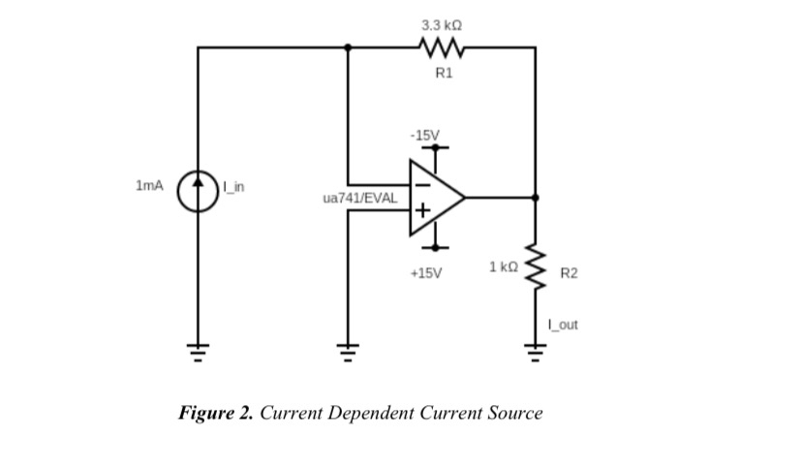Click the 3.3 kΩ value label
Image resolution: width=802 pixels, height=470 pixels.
click(442, 22)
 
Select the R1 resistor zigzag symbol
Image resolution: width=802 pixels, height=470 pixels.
click(442, 47)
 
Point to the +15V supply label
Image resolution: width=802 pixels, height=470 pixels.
click(425, 273)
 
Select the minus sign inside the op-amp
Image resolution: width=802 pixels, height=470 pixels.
click(422, 184)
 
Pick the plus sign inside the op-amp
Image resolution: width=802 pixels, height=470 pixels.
click(422, 209)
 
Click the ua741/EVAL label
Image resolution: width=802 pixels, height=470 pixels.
click(359, 198)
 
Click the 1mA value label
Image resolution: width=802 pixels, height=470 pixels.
click(150, 184)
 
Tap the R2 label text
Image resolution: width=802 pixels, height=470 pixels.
click(569, 274)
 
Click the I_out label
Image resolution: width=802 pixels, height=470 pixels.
click(563, 325)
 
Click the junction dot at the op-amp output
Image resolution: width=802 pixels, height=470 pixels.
click(535, 197)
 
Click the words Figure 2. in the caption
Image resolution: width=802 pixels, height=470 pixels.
click(215, 413)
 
